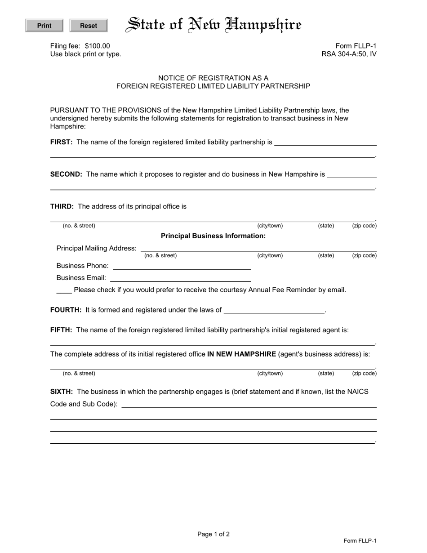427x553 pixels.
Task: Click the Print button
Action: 44,26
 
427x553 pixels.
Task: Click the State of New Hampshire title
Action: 213,25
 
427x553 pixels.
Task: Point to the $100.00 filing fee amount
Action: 97,46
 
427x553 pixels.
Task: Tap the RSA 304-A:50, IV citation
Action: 349,54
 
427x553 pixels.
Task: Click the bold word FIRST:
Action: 62,142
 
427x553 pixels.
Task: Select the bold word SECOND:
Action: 66,174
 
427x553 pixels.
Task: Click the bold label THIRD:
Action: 62,206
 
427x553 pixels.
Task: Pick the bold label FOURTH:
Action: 66,310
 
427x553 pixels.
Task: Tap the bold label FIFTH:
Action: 61,330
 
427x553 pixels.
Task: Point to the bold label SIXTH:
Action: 62,392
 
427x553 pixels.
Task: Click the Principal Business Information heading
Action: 213,236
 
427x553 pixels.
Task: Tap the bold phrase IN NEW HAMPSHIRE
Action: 241,354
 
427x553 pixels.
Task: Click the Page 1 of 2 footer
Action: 213,534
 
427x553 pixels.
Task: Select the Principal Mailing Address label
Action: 97,248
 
